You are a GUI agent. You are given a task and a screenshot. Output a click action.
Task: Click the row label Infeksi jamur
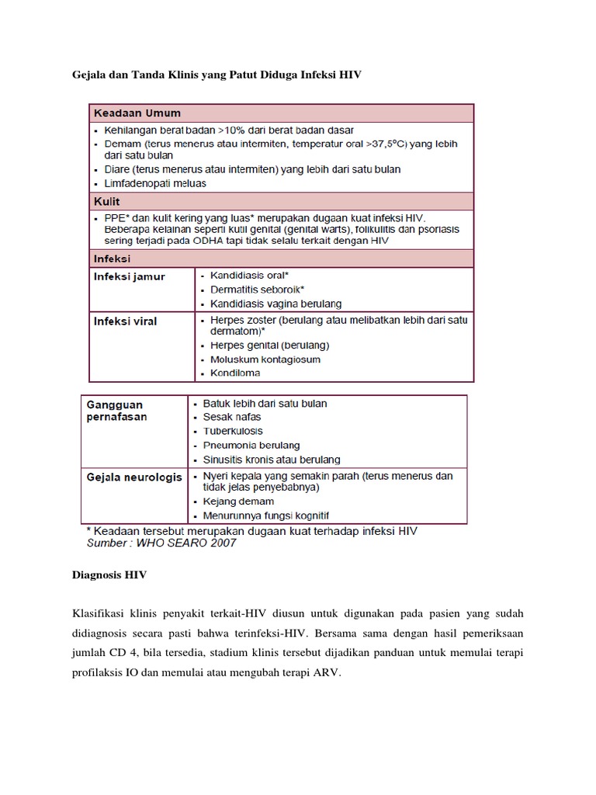click(130, 276)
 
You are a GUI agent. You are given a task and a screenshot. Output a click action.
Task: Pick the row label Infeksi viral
click(125, 321)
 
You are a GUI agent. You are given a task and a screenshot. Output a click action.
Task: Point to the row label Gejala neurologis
click(133, 477)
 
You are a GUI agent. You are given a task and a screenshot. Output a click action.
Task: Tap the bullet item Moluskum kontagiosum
click(265, 359)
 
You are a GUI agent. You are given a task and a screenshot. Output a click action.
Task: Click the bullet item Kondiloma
click(235, 373)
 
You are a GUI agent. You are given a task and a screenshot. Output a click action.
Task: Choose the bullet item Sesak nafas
click(232, 417)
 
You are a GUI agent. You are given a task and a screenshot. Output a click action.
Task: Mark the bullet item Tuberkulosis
click(233, 431)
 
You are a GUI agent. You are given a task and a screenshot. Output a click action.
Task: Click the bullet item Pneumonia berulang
click(251, 445)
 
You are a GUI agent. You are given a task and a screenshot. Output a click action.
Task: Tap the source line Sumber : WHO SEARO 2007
click(161, 543)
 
